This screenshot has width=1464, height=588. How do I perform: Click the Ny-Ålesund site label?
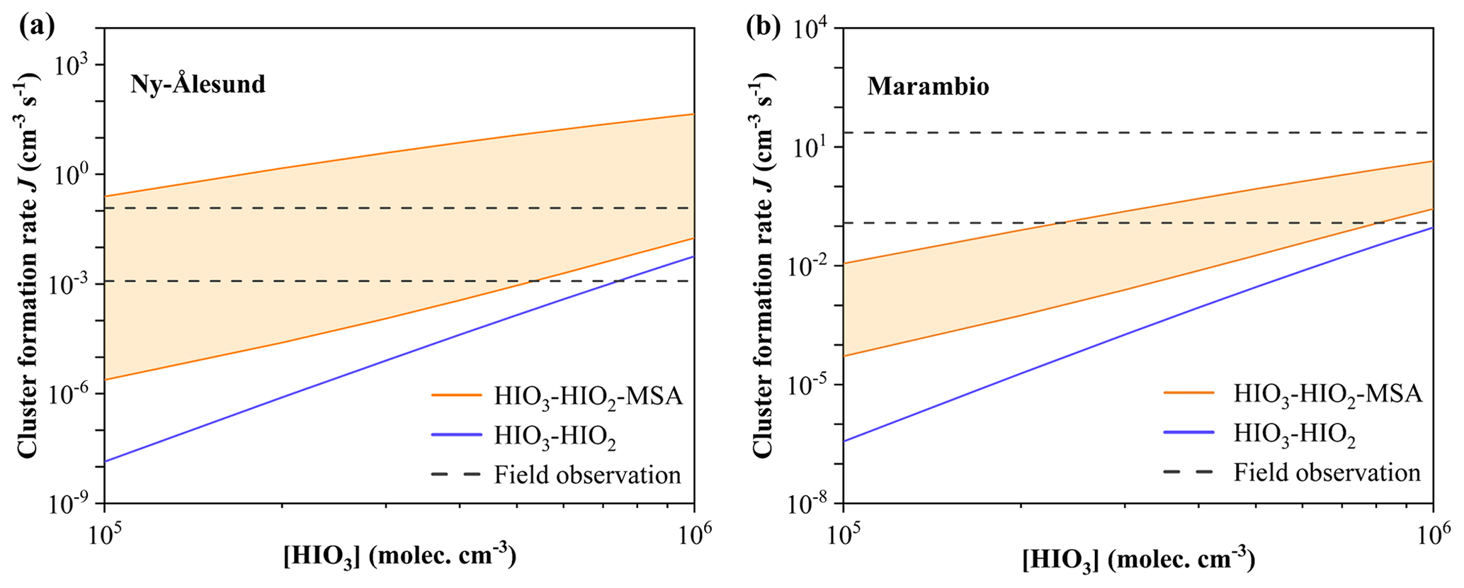[x=198, y=84]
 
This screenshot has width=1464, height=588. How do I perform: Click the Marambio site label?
[x=928, y=86]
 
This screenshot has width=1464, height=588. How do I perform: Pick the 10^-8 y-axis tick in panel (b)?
[x=815, y=504]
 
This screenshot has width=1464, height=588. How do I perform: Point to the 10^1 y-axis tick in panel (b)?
[x=815, y=147]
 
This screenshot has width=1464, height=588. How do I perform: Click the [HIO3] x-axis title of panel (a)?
[x=399, y=557]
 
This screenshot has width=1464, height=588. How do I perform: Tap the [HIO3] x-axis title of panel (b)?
[x=1138, y=560]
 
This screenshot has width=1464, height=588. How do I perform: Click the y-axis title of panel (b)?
[x=762, y=266]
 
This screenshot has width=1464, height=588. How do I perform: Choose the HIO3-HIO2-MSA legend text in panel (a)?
[x=589, y=397]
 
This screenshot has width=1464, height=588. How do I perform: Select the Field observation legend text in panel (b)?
[x=1327, y=473]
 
